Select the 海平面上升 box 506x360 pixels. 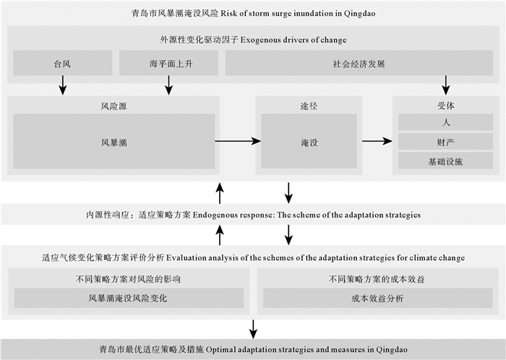coord(168,64)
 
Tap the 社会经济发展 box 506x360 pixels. coord(359,64)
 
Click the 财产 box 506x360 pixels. coord(445,141)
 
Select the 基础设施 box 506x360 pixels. coord(445,160)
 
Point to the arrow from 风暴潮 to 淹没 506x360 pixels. coord(237,142)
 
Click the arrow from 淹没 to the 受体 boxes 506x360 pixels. coord(376,142)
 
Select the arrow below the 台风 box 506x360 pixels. coord(63,85)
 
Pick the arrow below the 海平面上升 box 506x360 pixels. coord(168,85)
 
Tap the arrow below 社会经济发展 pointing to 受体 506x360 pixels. coord(446,85)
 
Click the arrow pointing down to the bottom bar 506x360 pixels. coord(253,327)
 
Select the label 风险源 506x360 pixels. coord(113,106)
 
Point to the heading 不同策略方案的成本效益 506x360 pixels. coord(377,278)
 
